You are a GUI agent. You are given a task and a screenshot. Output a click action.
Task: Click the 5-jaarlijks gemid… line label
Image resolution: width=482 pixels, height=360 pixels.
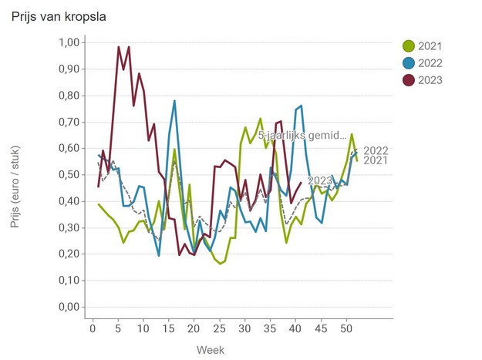(303, 135)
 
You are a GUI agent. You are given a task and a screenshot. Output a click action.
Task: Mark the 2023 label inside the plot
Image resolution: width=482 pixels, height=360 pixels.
(320, 182)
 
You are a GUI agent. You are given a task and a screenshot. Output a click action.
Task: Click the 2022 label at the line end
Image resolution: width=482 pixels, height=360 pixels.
(376, 150)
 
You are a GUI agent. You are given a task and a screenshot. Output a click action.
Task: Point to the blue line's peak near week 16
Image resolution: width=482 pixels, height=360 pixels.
(174, 101)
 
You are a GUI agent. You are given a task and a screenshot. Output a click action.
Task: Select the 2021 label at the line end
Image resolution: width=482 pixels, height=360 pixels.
(376, 160)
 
